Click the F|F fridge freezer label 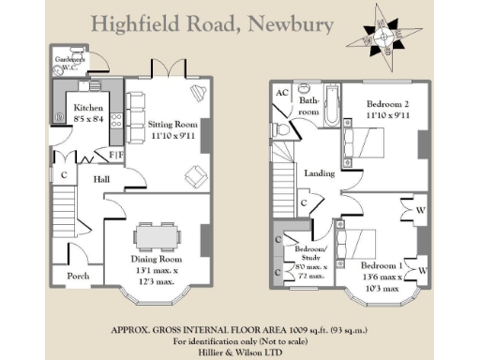[x=116, y=155]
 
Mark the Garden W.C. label [x=69, y=62]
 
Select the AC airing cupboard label [x=281, y=93]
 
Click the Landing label [x=320, y=172]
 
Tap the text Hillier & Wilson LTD [x=239, y=352]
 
